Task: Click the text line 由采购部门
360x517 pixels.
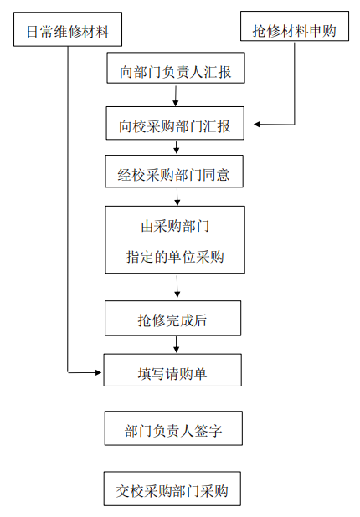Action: click(x=175, y=227)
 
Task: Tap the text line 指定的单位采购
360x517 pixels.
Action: click(x=175, y=257)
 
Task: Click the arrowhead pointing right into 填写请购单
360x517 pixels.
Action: click(x=98, y=372)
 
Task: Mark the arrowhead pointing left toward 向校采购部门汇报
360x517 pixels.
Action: click(x=257, y=125)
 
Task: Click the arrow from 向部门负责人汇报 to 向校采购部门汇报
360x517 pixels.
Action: click(x=176, y=96)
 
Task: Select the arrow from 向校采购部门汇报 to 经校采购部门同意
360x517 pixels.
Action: click(x=176, y=148)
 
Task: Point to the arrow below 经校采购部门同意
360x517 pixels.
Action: click(x=177, y=197)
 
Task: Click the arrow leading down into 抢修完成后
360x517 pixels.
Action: click(x=177, y=287)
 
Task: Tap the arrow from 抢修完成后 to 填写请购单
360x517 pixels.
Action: click(x=176, y=345)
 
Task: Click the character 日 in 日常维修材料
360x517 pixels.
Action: click(x=33, y=32)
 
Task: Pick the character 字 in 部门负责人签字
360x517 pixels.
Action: click(x=215, y=431)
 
